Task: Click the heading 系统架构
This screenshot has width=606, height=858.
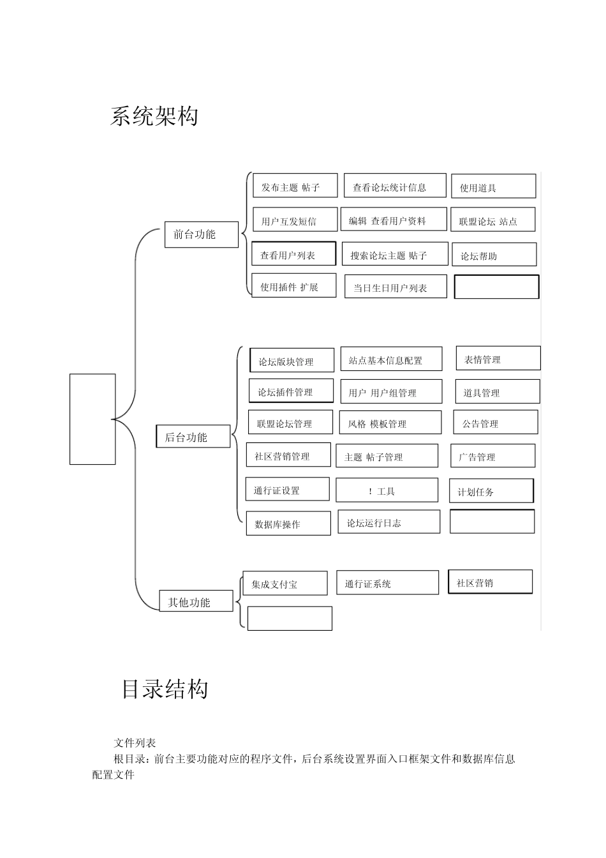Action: [154, 116]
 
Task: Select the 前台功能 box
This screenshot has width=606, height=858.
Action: [201, 234]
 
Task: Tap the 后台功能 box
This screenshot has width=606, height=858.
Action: [193, 437]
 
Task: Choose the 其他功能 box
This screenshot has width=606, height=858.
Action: [195, 601]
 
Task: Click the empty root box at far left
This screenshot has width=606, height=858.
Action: [92, 419]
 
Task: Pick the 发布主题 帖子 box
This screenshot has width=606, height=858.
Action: [295, 186]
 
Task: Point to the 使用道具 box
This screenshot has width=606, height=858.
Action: [493, 186]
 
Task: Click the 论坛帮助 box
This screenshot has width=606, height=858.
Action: [494, 255]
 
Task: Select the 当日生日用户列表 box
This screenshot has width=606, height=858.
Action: [395, 287]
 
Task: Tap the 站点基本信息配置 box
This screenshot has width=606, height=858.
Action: [390, 359]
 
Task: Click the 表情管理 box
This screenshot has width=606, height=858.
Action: [498, 358]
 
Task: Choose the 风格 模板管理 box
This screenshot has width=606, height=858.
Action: [390, 423]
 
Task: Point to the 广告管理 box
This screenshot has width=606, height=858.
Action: [492, 456]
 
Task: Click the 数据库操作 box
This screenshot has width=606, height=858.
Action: [288, 523]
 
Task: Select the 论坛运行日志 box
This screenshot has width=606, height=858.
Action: [388, 522]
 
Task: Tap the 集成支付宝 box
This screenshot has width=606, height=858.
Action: [285, 583]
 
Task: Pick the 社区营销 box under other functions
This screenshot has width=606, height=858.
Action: [490, 582]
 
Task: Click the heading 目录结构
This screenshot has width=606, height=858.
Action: [165, 689]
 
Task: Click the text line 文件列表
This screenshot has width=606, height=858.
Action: [135, 742]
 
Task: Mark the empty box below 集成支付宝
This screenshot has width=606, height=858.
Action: [290, 619]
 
